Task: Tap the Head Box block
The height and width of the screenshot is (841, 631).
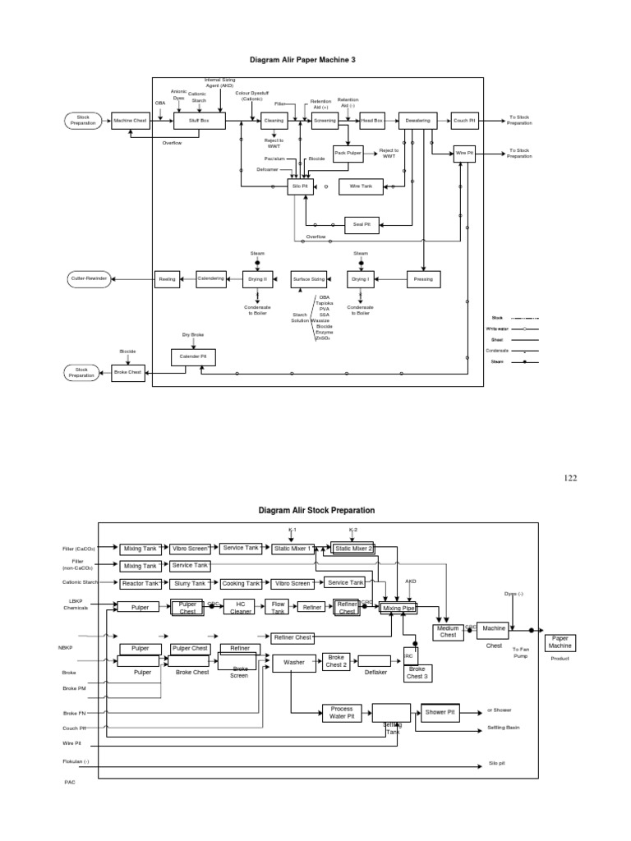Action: point(372,121)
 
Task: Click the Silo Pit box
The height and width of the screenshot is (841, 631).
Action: point(299,186)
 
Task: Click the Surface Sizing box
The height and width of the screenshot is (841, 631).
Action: point(309,279)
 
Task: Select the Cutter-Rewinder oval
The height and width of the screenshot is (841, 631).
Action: point(89,279)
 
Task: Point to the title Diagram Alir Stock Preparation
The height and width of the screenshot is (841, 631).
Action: point(316,510)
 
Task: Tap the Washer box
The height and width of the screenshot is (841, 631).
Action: point(293,661)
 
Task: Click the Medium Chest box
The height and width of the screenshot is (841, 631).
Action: point(449,632)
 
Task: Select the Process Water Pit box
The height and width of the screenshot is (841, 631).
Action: point(342,712)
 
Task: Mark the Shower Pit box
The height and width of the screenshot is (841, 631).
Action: point(444,712)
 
